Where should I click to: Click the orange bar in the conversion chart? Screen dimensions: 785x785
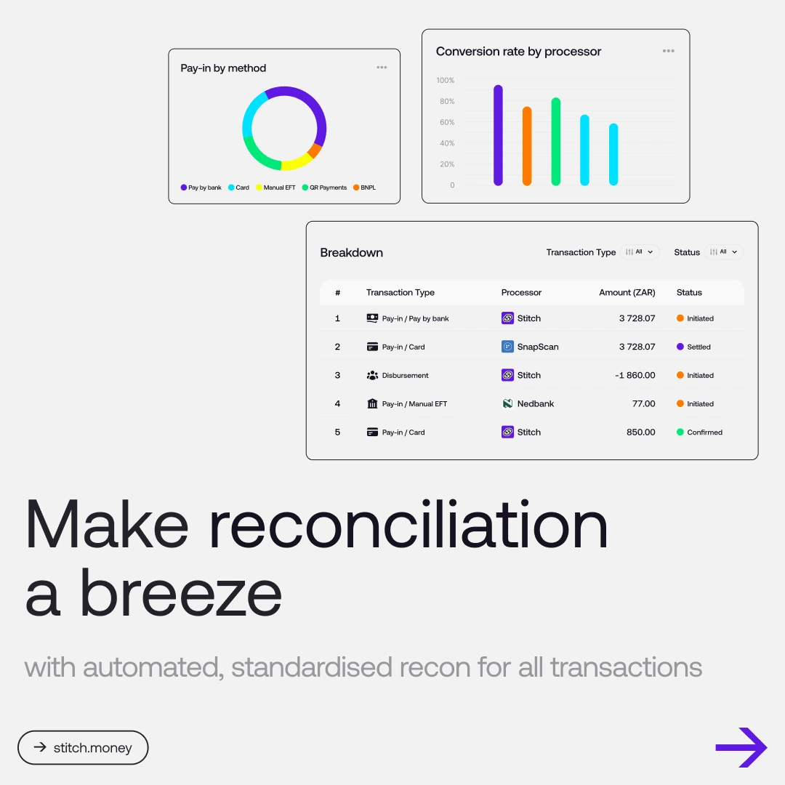(x=527, y=145)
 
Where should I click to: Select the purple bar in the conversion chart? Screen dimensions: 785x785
(x=498, y=135)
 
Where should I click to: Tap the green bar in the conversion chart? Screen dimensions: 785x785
(x=556, y=141)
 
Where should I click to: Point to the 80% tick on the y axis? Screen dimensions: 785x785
(x=447, y=101)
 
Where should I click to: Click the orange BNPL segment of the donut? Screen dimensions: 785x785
(x=315, y=150)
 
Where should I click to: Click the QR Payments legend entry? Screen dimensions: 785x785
(x=324, y=188)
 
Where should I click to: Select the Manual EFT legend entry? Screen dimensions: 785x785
(x=275, y=188)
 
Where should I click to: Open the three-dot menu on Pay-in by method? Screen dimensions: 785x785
(x=382, y=68)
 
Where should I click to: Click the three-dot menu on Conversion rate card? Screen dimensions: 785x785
(x=669, y=51)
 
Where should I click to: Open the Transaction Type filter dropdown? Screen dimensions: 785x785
(x=640, y=251)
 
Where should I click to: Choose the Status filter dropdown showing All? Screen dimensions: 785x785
(x=724, y=251)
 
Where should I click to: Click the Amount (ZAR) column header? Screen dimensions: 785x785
(x=627, y=292)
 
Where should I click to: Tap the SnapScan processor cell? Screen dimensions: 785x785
(x=530, y=347)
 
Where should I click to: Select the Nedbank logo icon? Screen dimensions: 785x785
(x=507, y=403)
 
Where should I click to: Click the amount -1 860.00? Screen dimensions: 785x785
(x=635, y=375)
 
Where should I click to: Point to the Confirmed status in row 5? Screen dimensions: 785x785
(x=699, y=432)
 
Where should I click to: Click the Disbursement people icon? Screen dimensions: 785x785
(x=372, y=375)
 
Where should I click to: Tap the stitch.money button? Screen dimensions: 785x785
(x=83, y=747)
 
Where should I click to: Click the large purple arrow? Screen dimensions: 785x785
(x=741, y=747)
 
